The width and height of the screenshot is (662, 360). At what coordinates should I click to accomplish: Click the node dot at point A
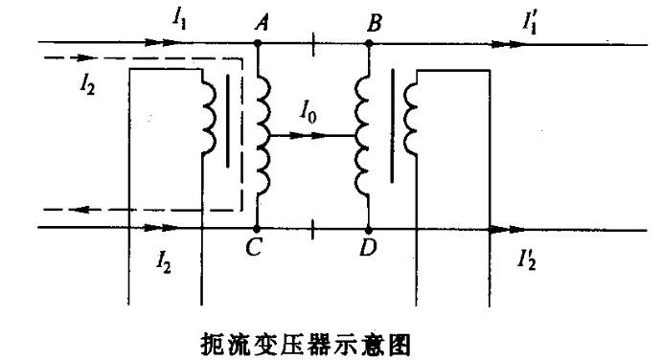(x=257, y=43)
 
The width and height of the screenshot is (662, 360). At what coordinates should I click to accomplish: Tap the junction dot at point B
(x=369, y=43)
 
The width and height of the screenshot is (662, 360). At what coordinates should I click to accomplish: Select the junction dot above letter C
(x=256, y=229)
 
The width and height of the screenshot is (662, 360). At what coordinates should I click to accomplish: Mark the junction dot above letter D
(x=368, y=231)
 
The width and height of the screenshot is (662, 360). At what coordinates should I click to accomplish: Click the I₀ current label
(x=308, y=112)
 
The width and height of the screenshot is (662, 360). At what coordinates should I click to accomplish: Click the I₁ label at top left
(x=178, y=18)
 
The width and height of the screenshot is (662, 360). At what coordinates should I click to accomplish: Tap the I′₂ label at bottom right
(x=527, y=259)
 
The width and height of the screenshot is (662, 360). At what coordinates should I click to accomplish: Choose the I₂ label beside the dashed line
(x=87, y=84)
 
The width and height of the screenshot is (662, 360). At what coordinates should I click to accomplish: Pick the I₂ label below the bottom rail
(x=164, y=261)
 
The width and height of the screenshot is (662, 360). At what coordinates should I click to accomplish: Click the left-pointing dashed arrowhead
(x=80, y=210)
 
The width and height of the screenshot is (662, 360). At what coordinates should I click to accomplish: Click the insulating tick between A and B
(x=313, y=44)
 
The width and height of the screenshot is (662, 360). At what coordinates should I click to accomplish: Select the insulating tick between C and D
(x=312, y=230)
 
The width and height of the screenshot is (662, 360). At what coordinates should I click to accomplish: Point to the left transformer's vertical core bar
(x=228, y=122)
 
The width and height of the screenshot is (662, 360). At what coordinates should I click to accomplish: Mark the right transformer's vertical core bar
(x=392, y=125)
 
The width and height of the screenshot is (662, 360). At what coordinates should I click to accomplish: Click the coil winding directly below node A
(x=263, y=135)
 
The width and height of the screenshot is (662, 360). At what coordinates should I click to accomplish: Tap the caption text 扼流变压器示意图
(x=306, y=345)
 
